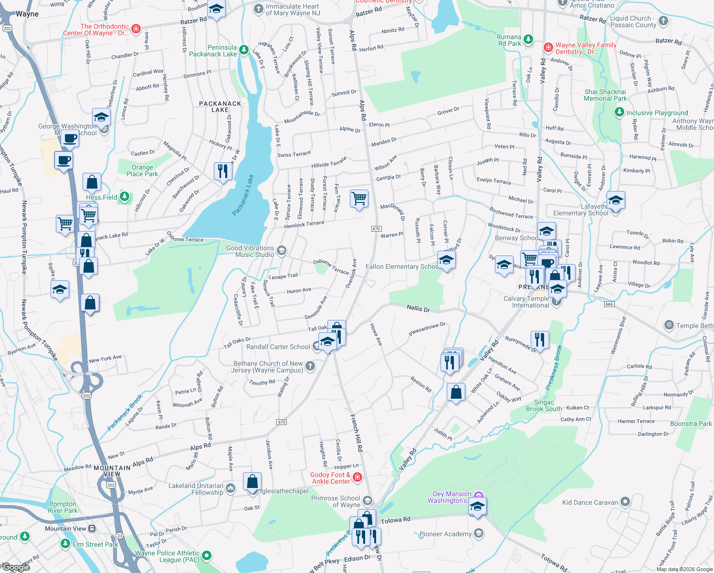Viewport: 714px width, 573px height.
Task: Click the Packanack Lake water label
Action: tap(243, 196)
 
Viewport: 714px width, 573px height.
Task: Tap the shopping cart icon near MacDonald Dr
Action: tap(359, 198)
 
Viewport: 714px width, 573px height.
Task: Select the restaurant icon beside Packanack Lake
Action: tap(223, 170)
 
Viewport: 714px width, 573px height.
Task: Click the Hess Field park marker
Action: tap(125, 196)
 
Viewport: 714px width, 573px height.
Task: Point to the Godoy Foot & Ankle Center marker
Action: tap(357, 477)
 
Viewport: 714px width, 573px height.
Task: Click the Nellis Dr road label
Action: tap(418, 308)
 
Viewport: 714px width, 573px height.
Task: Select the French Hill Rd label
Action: tap(357, 433)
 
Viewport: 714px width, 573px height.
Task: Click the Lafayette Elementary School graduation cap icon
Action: tap(616, 201)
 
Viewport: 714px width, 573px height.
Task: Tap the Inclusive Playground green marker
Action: tap(619, 112)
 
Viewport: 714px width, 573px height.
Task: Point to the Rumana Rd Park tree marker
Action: tap(528, 39)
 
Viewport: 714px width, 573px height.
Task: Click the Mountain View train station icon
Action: tap(92, 529)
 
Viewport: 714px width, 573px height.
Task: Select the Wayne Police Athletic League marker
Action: tap(207, 555)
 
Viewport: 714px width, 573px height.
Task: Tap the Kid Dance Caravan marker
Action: tap(625, 502)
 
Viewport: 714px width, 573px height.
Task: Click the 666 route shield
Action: tap(609, 304)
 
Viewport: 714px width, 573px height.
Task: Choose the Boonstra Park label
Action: tap(691, 424)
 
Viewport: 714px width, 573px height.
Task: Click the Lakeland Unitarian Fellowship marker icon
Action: tap(231, 488)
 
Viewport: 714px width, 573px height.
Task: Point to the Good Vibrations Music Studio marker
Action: tap(282, 251)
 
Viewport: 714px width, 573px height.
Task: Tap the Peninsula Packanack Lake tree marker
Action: tap(243, 50)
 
